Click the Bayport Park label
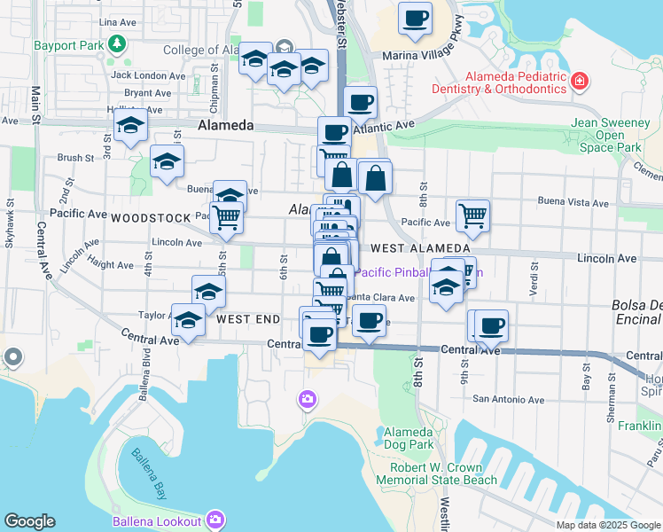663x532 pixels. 67,43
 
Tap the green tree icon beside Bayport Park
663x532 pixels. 117,43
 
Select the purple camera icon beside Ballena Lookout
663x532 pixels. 214,518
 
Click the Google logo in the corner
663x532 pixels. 29,521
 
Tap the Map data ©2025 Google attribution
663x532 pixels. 608,525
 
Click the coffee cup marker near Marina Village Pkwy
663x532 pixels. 415,20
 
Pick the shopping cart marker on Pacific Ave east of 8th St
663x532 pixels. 473,215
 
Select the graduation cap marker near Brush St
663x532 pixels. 166,161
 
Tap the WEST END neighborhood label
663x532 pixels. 248,318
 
